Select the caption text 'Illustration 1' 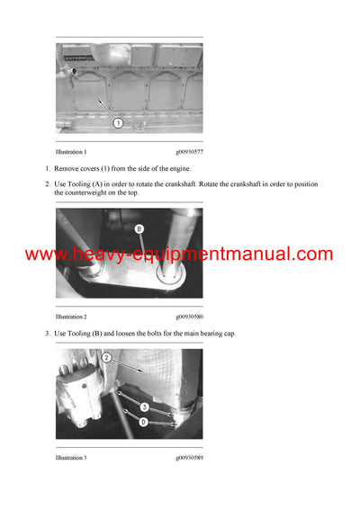pos(71,154)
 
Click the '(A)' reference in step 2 pos(104,185)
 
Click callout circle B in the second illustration pos(139,229)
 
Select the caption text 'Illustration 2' pos(71,317)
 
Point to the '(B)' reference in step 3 pos(104,334)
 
